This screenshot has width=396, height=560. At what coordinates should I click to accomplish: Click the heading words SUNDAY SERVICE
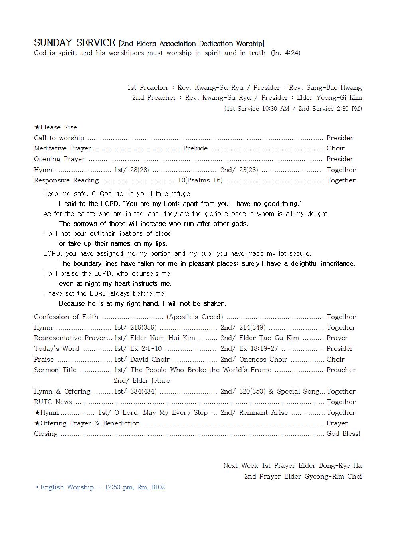[75, 43]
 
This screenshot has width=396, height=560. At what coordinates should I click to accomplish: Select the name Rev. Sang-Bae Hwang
[325, 87]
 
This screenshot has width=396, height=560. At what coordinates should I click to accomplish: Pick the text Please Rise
[58, 127]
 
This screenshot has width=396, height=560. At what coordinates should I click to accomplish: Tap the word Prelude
[195, 148]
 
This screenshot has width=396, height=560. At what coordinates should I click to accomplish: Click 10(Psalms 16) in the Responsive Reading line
[200, 180]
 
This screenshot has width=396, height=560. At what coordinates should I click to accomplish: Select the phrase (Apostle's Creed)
[195, 317]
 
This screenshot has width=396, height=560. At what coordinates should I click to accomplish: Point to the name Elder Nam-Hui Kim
[162, 338]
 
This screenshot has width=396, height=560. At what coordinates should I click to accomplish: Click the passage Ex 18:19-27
[258, 348]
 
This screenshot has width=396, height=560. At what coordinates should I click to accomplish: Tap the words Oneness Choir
[263, 359]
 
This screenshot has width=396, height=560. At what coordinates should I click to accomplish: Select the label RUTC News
[53, 402]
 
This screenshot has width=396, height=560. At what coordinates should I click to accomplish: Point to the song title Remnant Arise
[263, 412]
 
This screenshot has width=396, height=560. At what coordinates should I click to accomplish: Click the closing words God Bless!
[343, 433]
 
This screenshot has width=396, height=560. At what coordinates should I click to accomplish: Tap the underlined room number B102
[158, 487]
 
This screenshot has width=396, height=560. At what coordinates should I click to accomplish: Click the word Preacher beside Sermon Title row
[341, 370]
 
